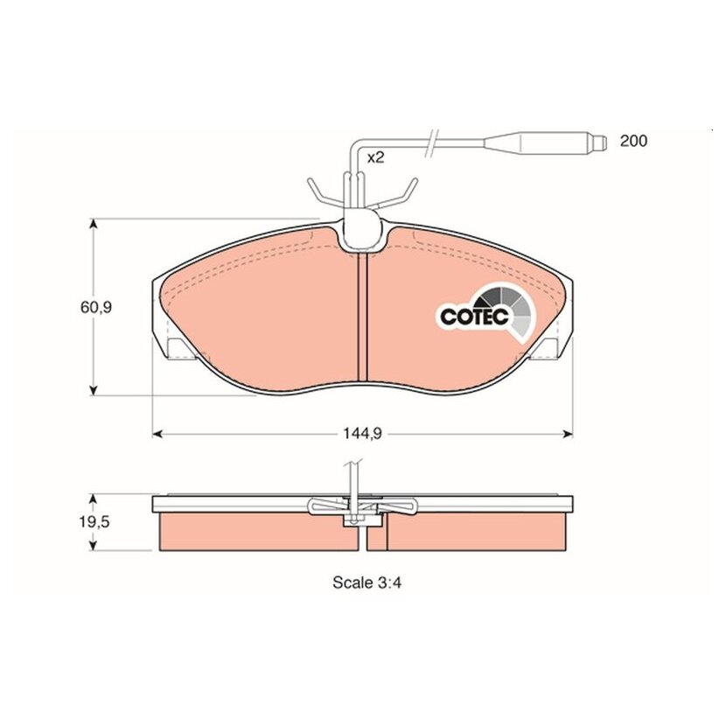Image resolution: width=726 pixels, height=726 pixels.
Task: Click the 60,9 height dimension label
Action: coord(96,307)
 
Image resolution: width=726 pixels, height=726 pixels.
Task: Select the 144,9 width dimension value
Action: coord(362,434)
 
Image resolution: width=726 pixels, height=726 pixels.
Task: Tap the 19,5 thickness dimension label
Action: coord(94,522)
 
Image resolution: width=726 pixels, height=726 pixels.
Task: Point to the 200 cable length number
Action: coord(633,141)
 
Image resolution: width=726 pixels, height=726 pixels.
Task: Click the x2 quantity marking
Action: coord(375,158)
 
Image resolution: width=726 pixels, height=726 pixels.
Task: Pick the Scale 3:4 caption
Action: coord(366,583)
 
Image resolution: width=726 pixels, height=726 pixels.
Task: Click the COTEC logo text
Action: coord(475,317)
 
